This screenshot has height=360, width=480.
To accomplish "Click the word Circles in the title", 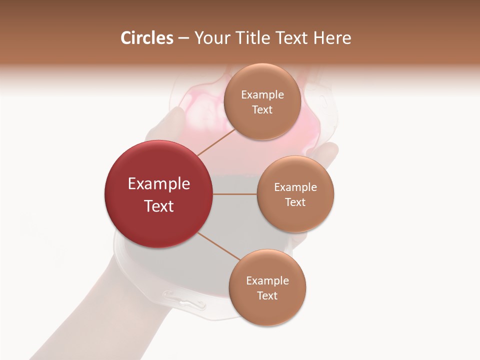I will pyautogui.click(x=146, y=38).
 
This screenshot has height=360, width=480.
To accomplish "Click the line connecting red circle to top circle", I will pyautogui.click(x=216, y=142).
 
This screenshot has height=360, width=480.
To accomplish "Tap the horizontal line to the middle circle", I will pyautogui.click(x=235, y=194).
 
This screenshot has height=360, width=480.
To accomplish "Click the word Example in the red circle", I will pyautogui.click(x=159, y=184).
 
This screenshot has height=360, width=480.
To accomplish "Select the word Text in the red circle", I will pyautogui.click(x=159, y=206).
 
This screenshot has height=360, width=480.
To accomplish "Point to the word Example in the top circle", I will pyautogui.click(x=262, y=95).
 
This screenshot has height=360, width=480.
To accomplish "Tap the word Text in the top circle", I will pyautogui.click(x=262, y=110).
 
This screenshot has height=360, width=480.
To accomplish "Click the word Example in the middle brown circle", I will pyautogui.click(x=295, y=187).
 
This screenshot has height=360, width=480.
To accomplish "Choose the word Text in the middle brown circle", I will pyautogui.click(x=295, y=202).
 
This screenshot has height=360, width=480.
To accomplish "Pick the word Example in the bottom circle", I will pyautogui.click(x=267, y=281).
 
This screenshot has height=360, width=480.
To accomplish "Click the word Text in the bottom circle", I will pyautogui.click(x=267, y=296).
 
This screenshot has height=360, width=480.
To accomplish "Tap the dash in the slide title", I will pyautogui.click(x=183, y=38).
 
